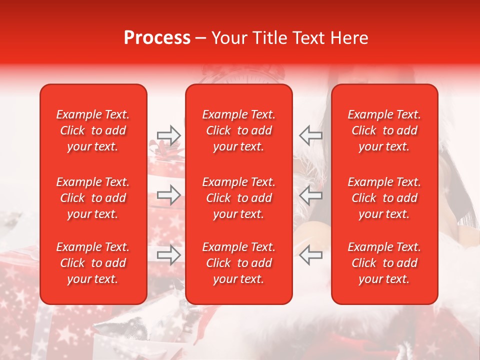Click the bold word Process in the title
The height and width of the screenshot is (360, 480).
tap(157, 38)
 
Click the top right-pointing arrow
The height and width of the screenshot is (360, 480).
tap(169, 135)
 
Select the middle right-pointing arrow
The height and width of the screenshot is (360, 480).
tap(169, 194)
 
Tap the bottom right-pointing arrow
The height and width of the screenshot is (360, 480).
tap(169, 254)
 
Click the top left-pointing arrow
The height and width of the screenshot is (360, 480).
tap(310, 135)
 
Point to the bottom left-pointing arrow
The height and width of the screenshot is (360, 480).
tap(310, 254)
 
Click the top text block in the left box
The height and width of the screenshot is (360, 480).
tap(93, 130)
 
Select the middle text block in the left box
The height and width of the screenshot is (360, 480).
tap(93, 198)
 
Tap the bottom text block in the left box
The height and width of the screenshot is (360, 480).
tap(93, 263)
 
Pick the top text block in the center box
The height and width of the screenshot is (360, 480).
tap(239, 130)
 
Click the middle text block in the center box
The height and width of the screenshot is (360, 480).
tap(239, 198)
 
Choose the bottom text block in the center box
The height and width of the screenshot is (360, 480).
tap(239, 263)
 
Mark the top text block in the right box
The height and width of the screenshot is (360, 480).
tap(384, 130)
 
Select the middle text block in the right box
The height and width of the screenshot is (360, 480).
tap(384, 198)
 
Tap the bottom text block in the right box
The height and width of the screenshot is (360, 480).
tap(384, 263)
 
